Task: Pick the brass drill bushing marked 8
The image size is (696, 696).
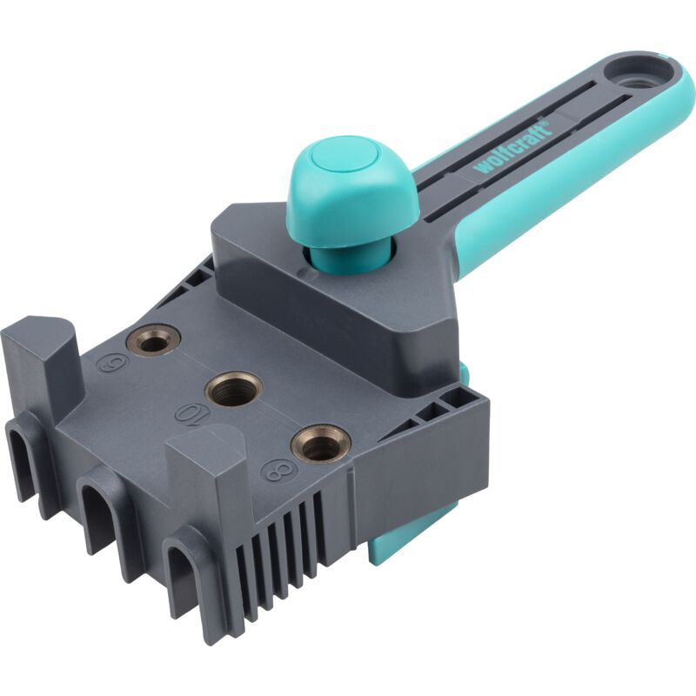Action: [320, 445]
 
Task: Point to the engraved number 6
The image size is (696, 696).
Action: [110, 366]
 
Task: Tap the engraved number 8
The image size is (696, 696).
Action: [277, 470]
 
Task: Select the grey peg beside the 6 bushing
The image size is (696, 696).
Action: [43, 352]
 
